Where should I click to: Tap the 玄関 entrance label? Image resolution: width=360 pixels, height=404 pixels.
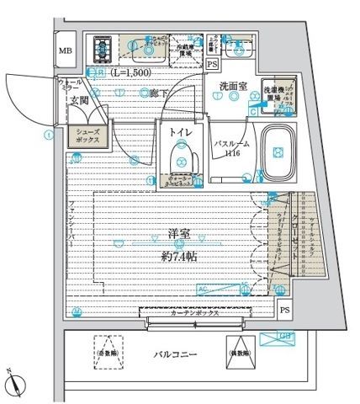pyautogui.click(x=79, y=101)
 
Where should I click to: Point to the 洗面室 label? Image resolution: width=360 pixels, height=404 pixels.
pyautogui.click(x=232, y=86)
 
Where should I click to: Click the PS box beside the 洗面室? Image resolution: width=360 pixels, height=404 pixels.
pyautogui.click(x=211, y=64)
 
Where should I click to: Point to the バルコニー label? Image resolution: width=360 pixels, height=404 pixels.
pyautogui.click(x=175, y=353)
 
